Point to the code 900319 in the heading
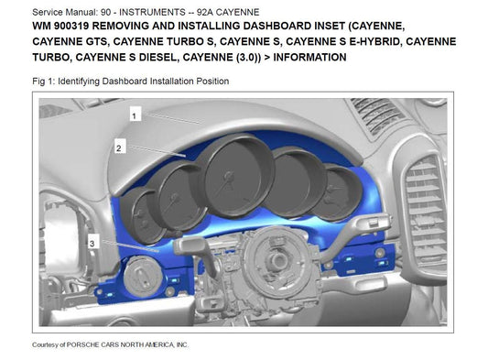[71, 26]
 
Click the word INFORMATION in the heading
[309, 58]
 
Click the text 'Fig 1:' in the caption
[44, 82]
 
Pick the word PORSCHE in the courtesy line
[81, 344]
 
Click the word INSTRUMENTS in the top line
[153, 12]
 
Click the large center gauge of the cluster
[237, 177]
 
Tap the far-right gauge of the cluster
[337, 192]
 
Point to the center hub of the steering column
[277, 259]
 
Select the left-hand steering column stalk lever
[196, 253]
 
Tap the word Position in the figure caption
[212, 82]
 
